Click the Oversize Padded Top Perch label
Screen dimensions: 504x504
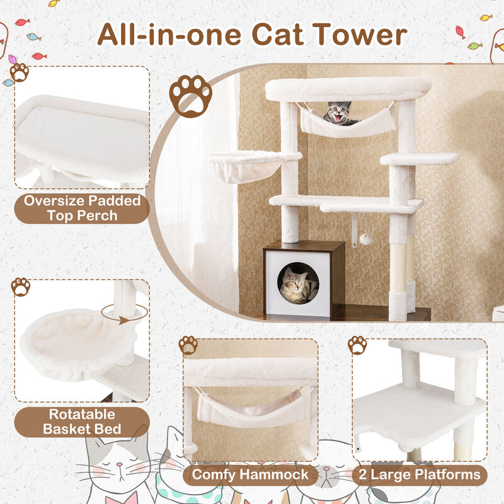click(81, 209)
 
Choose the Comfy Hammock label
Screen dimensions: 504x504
click(250, 474)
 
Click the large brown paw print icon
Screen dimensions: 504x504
click(190, 96)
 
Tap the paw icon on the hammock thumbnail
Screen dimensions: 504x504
click(188, 345)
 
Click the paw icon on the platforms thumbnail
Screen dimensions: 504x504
click(357, 345)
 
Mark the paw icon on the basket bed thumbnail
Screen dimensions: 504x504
click(21, 287)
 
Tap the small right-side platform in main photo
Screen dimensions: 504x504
click(418, 159)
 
